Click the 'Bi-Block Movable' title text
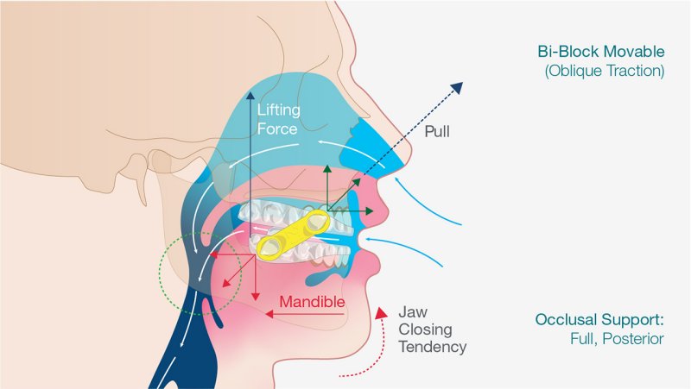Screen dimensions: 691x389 click(601, 52)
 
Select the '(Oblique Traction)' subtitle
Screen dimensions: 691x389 click(605, 71)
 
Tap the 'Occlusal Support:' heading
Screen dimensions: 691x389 click(599, 319)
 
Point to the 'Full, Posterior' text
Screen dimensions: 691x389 click(617, 339)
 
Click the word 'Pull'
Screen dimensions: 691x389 click(437, 131)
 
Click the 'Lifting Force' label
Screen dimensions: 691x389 click(278, 119)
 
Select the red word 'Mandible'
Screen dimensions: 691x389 click(312, 302)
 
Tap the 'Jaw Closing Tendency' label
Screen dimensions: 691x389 click(432, 329)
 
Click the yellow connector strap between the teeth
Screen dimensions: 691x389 click(294, 235)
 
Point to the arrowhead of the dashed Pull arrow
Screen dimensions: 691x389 click(459, 87)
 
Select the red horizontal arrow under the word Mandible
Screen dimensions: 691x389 click(305, 314)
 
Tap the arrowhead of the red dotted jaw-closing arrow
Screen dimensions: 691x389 click(381, 311)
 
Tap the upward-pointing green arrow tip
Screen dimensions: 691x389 click(327, 167)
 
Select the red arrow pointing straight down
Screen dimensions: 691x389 click(255, 277)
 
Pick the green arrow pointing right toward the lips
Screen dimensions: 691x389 click(351, 211)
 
